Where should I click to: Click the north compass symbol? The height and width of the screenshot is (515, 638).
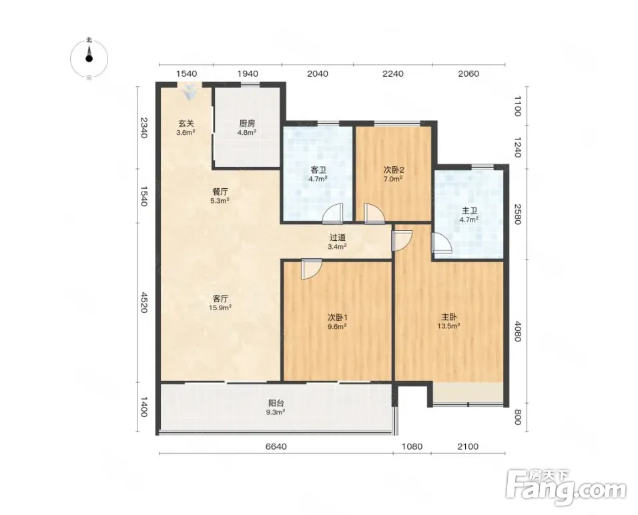(89, 59)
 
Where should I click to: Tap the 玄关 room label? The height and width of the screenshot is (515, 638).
(186, 127)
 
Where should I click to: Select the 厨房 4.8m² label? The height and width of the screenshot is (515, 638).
(247, 127)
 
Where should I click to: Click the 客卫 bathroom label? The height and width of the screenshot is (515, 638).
(318, 174)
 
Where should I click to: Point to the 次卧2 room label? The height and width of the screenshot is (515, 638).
(393, 173)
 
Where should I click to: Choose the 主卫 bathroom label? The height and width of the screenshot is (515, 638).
(469, 215)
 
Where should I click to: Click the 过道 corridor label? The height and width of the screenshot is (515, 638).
(337, 241)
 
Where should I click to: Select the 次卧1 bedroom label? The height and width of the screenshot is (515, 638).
(337, 321)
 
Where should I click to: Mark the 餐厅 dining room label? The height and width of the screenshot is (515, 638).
(220, 195)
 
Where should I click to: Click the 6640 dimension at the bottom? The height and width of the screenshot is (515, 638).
(276, 447)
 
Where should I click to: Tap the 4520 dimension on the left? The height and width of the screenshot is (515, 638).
(143, 302)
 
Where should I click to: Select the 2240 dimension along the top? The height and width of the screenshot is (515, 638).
(393, 73)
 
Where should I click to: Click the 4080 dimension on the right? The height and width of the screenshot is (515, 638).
(517, 331)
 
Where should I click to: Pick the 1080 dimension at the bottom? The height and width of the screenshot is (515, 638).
(412, 447)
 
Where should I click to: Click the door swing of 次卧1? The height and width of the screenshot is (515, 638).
(312, 270)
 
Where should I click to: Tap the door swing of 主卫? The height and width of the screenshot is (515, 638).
(442, 243)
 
